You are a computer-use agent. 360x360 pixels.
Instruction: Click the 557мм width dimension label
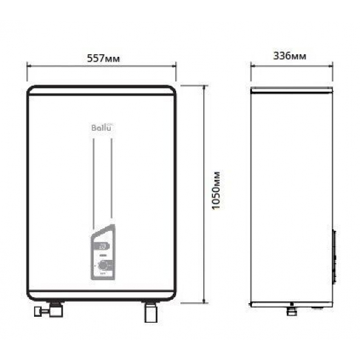tap(101, 58)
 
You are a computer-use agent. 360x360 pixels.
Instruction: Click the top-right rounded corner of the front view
tap(172, 89)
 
